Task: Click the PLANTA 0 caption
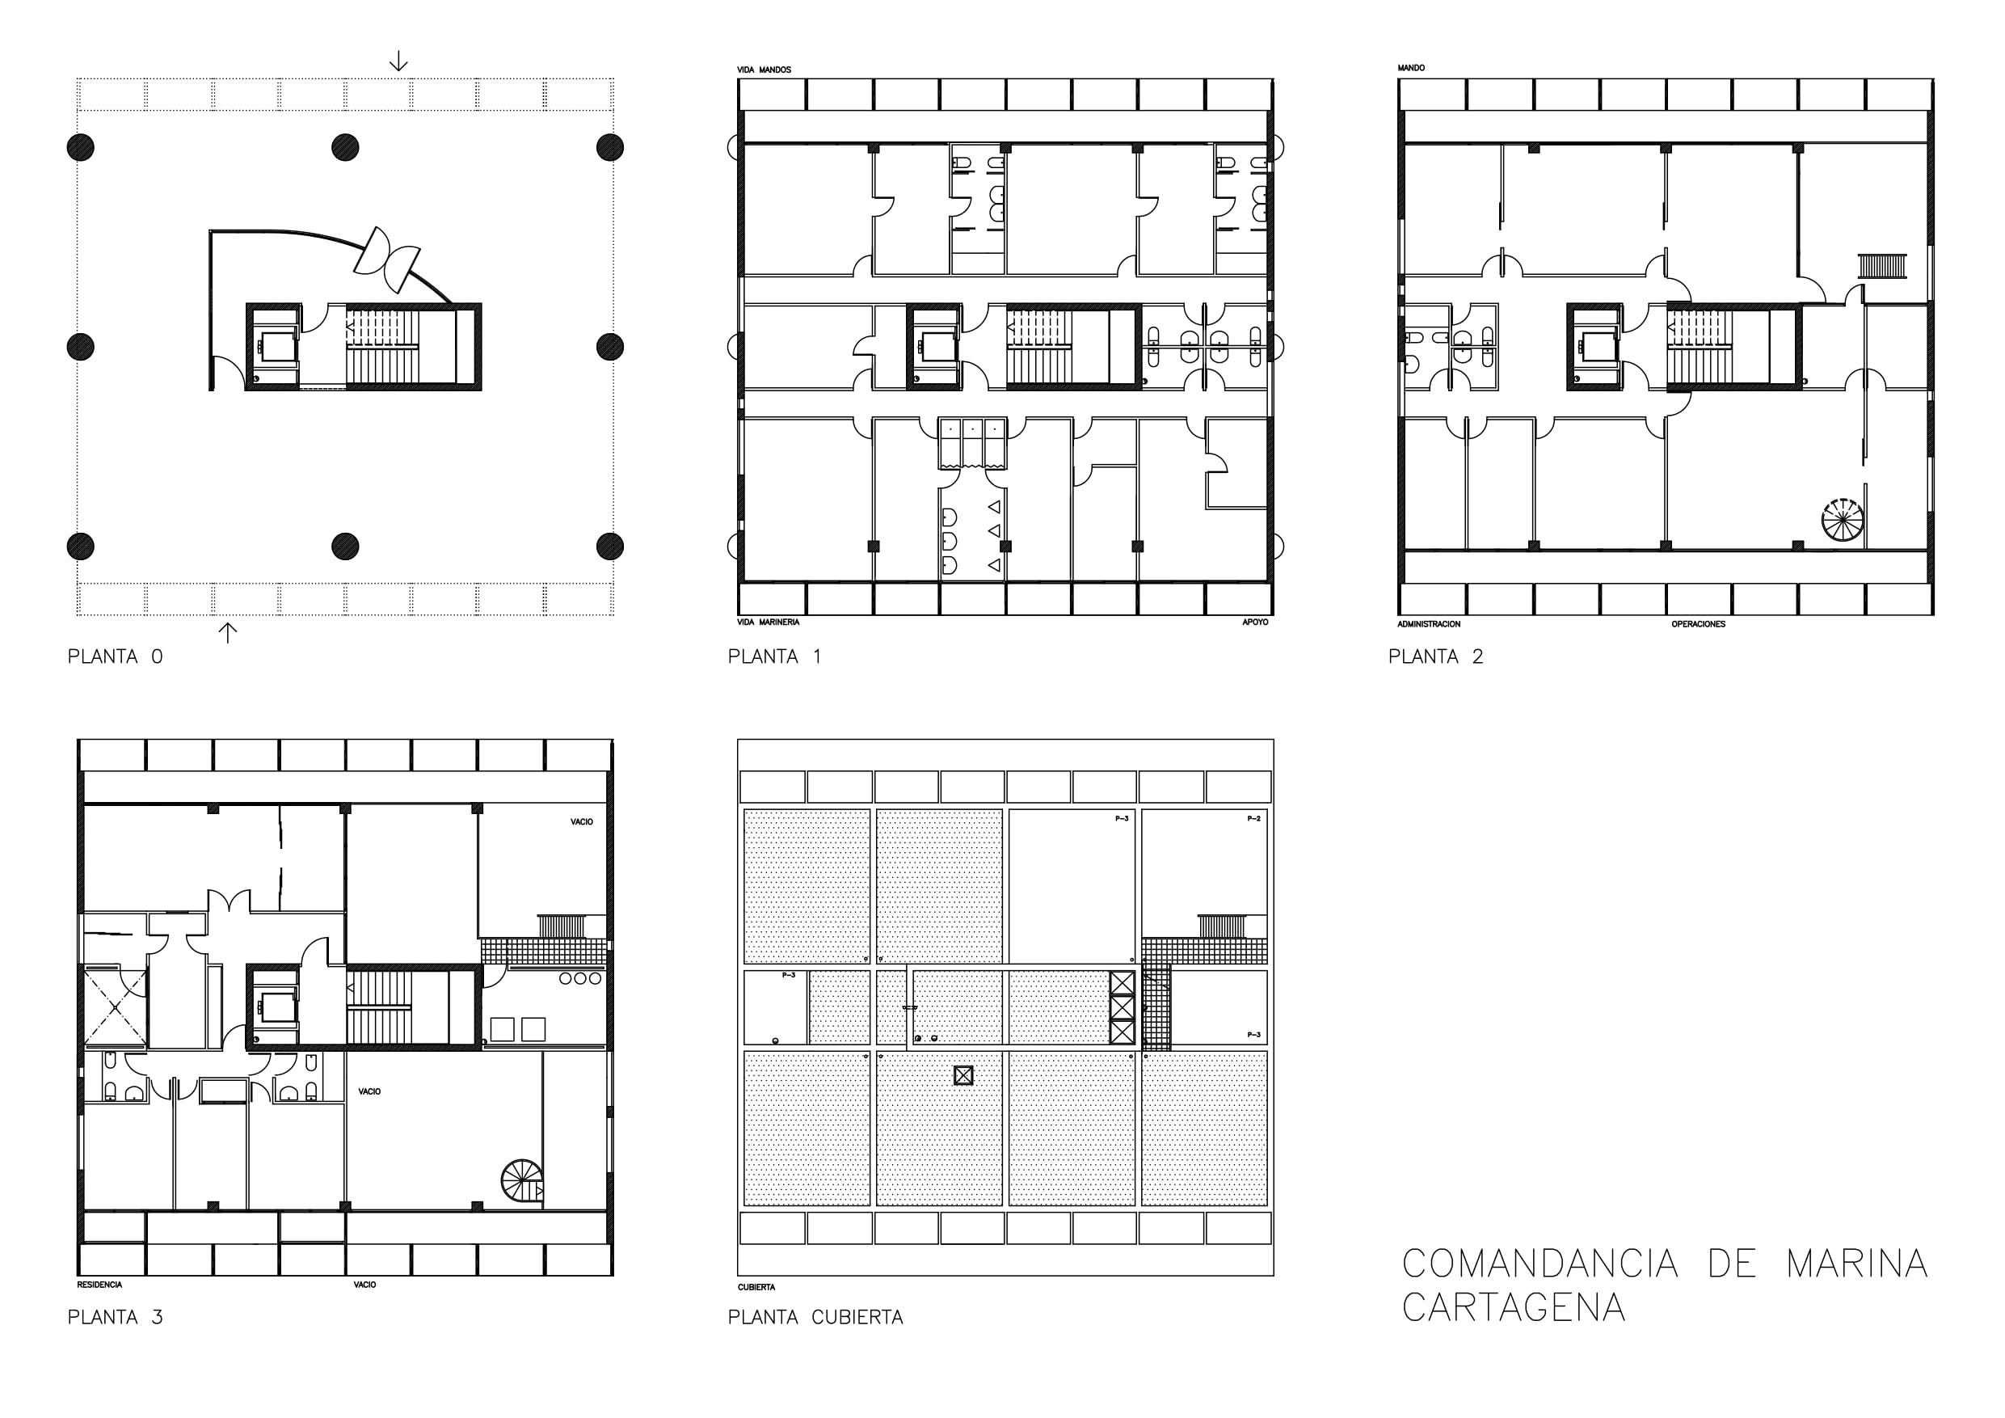tap(116, 656)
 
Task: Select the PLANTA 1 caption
tap(774, 656)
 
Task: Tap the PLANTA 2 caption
tap(1435, 656)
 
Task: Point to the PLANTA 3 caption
tap(116, 1317)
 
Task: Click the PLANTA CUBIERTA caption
tap(815, 1317)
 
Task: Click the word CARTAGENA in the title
tap(1514, 1307)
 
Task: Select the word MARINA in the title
tap(1856, 1264)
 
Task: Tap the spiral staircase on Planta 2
tap(1842, 519)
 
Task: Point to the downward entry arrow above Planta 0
tap(398, 61)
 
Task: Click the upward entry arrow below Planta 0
tap(227, 632)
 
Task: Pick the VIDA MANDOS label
tap(765, 70)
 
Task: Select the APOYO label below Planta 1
tap(1255, 622)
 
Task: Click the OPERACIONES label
tap(1699, 624)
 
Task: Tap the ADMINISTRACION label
tap(1429, 624)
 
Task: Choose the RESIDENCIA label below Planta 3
tap(99, 1285)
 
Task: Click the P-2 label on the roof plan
tap(1253, 819)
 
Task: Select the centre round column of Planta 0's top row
tap(346, 148)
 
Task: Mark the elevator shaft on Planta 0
tap(274, 347)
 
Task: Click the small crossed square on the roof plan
tap(963, 1075)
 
